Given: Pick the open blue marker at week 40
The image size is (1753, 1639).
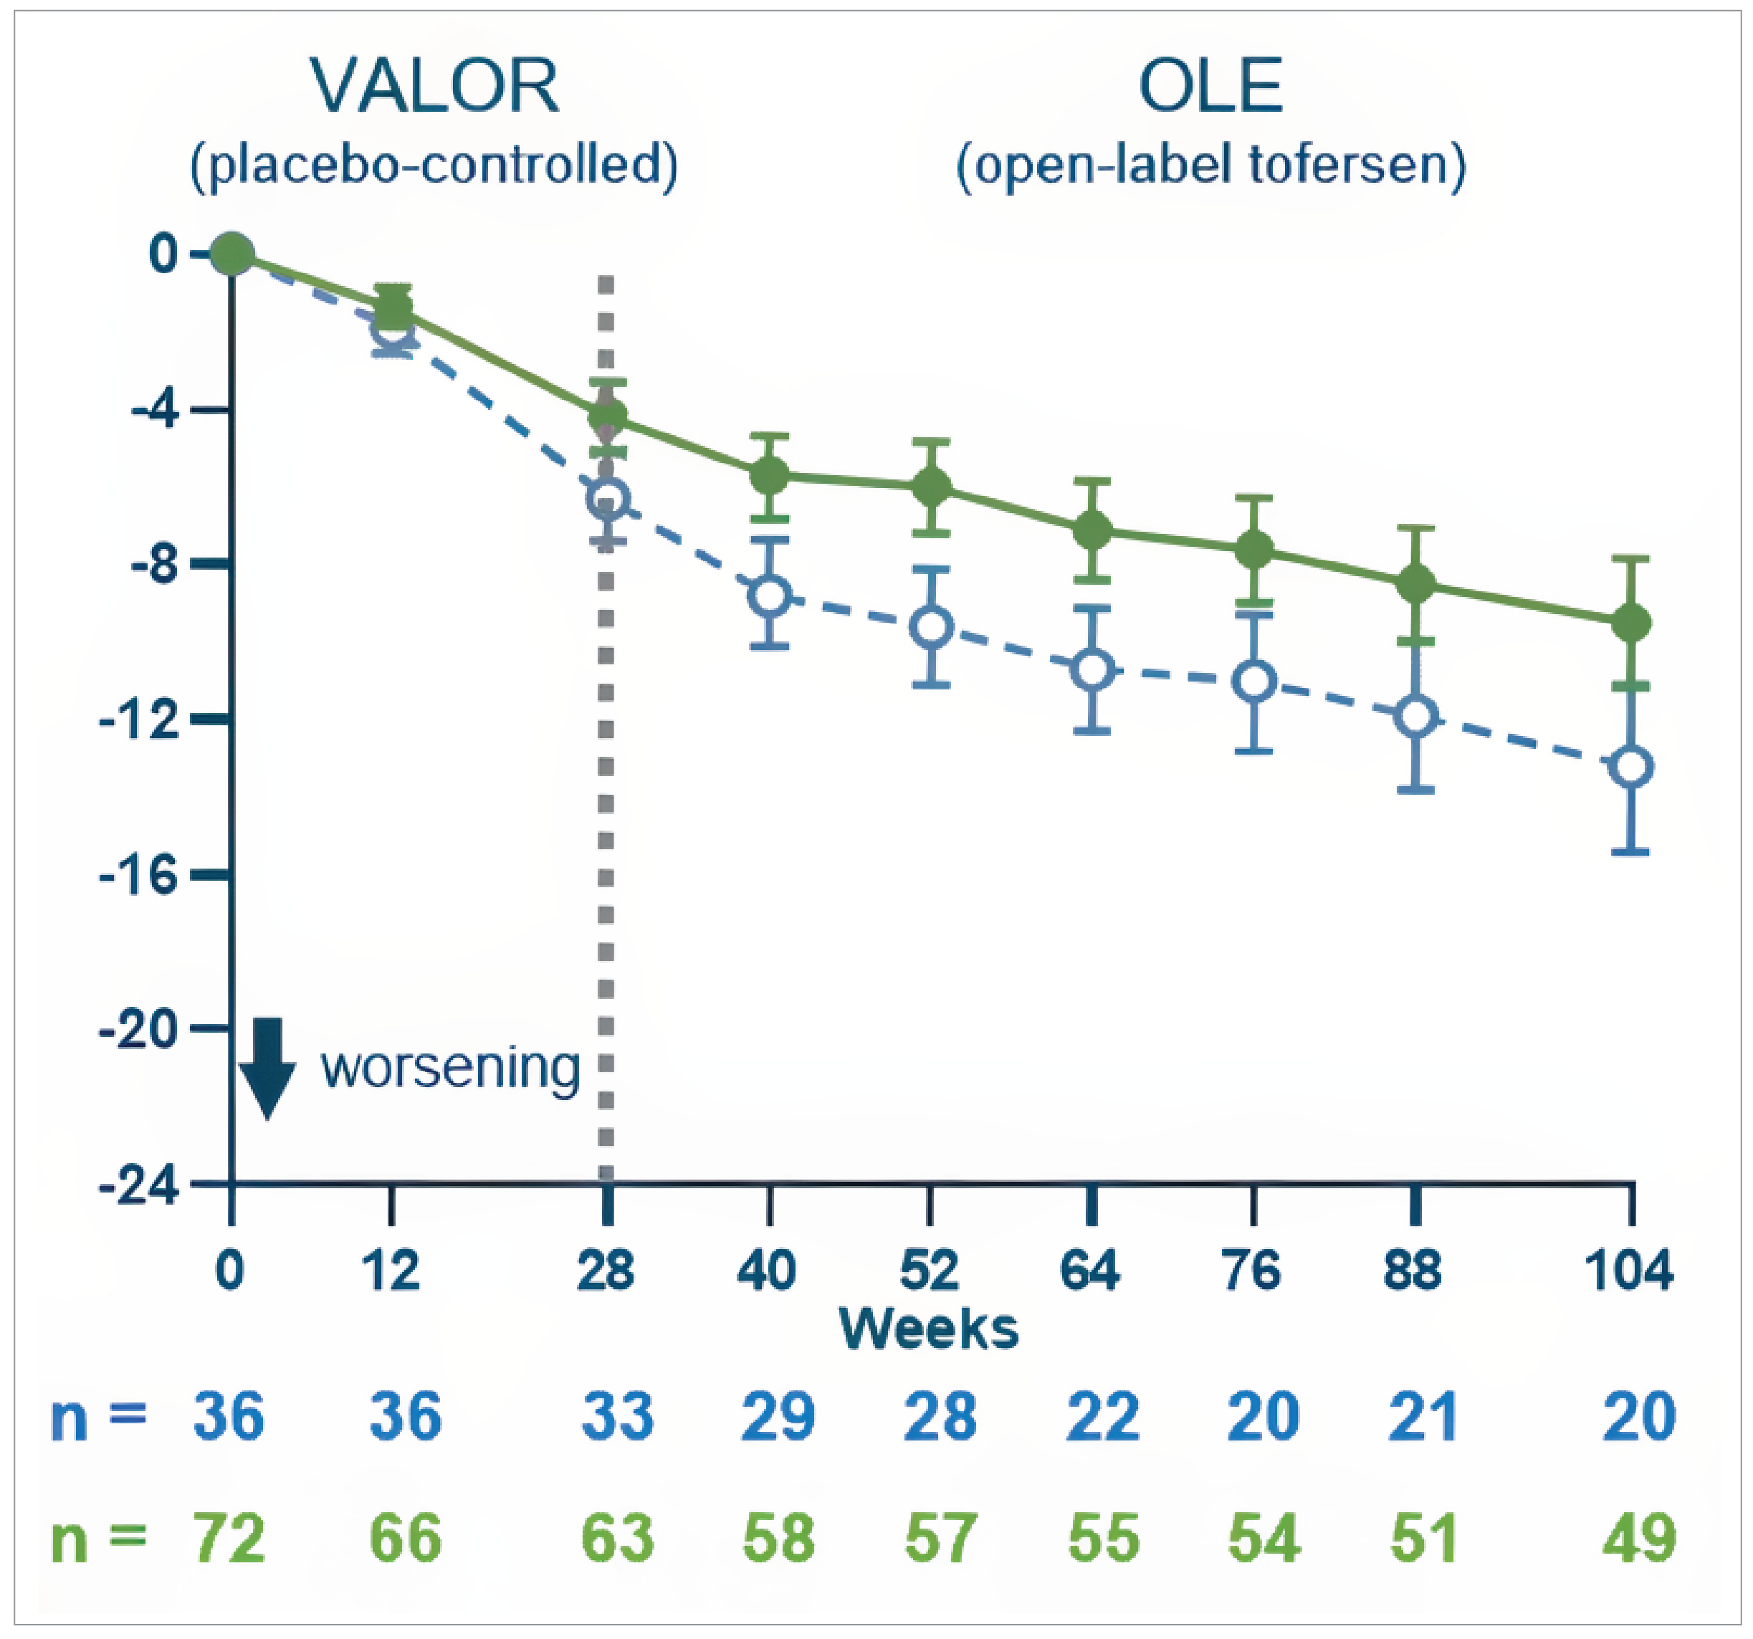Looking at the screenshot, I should [770, 596].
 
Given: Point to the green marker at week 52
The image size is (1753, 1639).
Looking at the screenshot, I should [931, 486].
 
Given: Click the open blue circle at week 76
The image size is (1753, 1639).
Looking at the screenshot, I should [1254, 681].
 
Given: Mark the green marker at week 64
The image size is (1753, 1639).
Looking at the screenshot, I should [1092, 530].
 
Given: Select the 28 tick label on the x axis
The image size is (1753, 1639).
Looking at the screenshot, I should [605, 1271].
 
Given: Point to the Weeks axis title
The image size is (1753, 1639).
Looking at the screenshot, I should [929, 1328].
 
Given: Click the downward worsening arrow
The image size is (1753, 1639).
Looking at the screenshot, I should [267, 1068].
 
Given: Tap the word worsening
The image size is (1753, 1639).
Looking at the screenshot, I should [449, 1068].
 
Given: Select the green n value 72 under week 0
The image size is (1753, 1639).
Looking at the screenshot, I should [229, 1539].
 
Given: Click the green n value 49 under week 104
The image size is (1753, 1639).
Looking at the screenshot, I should [1638, 1539].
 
